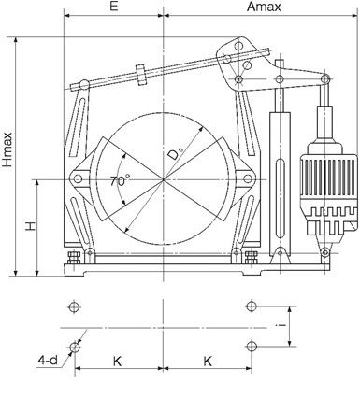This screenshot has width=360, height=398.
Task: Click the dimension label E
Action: [x=114, y=7]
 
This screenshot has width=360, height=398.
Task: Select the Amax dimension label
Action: [x=264, y=7]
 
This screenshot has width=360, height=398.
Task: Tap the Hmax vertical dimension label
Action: [x=7, y=149]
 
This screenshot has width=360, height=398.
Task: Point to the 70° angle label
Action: [x=120, y=180]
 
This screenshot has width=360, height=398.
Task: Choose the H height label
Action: [x=31, y=226]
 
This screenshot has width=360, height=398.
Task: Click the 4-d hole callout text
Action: [x=48, y=361]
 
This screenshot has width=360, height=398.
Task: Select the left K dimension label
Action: [x=117, y=362]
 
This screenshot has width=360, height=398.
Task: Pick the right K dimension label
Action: [x=208, y=362]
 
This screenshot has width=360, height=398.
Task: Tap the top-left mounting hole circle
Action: [x=74, y=306]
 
